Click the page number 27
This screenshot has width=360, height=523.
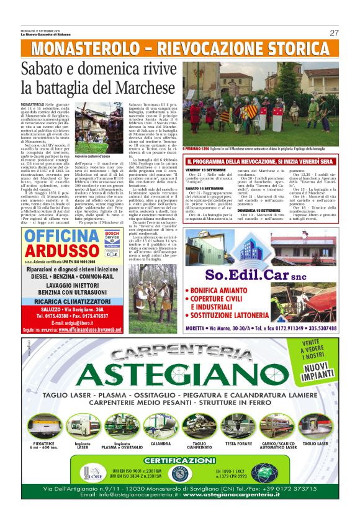(334, 33)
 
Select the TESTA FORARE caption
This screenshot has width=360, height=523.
(238, 444)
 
